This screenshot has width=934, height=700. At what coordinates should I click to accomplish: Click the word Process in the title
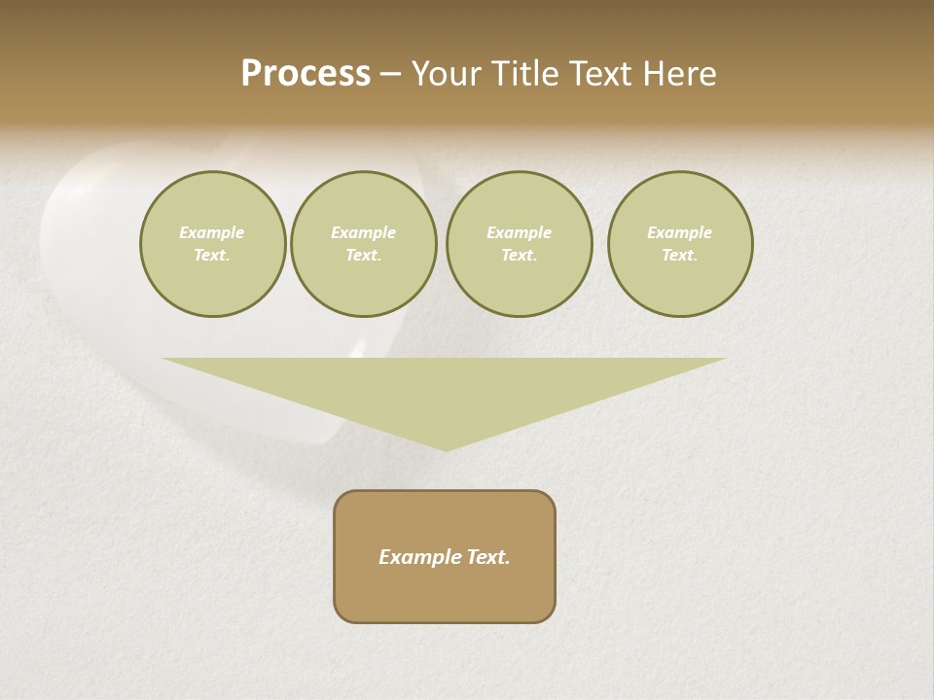tap(305, 74)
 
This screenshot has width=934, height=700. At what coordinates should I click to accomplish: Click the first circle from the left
tap(213, 244)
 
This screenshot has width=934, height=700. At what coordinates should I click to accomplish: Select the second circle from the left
tap(364, 244)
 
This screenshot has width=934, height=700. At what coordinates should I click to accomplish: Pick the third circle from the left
tap(520, 244)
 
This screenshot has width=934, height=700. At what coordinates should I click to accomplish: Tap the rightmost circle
tap(680, 244)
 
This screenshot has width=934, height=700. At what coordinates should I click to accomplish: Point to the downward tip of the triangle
tap(446, 449)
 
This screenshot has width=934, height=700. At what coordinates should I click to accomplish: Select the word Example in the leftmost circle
tap(212, 232)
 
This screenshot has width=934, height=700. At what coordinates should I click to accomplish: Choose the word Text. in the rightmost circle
tap(680, 255)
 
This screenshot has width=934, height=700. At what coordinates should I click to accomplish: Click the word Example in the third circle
tap(520, 232)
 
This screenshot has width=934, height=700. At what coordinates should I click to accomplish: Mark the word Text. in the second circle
tap(364, 255)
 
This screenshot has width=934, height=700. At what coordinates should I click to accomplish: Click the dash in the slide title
tap(390, 75)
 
